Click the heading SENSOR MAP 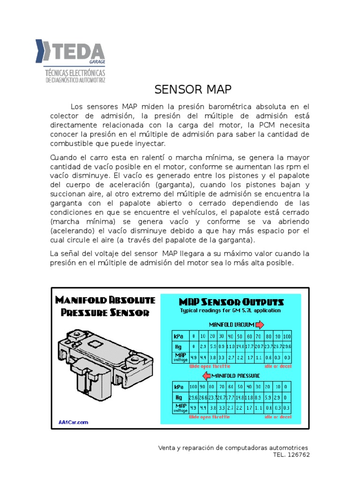193,90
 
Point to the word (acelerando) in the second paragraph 73,231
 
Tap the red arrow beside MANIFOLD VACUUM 260,324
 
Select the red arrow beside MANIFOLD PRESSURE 204,375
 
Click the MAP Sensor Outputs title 232,301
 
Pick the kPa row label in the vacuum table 179,337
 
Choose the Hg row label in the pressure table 179,397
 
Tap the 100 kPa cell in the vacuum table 287,337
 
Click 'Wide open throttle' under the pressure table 210,416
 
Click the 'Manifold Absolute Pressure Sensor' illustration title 105,306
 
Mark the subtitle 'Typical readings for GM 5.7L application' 230,310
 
